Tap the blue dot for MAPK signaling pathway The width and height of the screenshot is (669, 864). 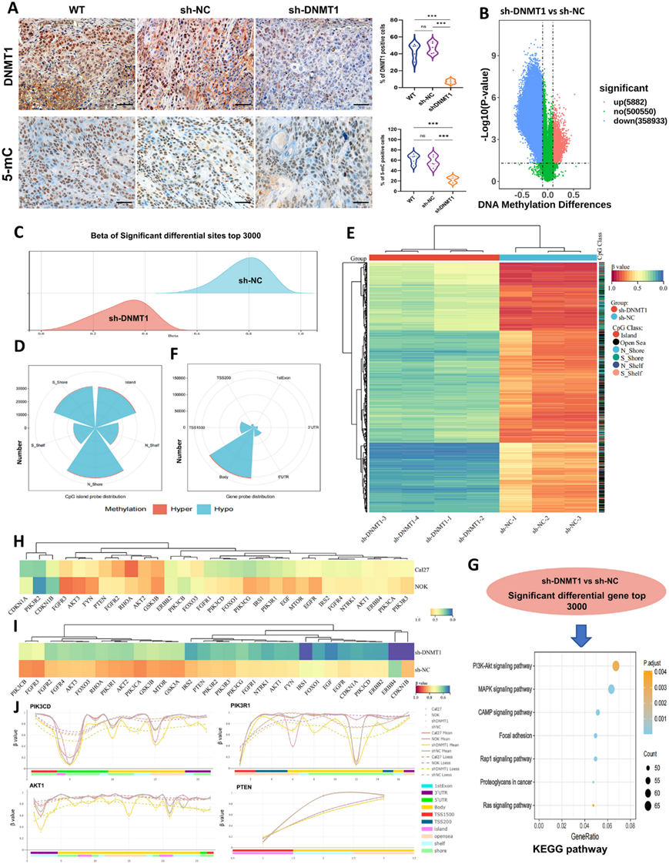[x=610, y=688]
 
